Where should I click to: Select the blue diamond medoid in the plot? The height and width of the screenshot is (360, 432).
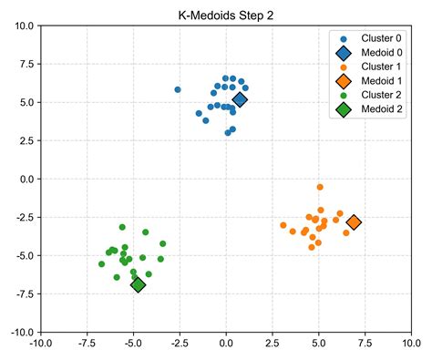[240, 100]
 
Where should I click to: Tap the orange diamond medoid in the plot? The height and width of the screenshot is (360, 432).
[354, 222]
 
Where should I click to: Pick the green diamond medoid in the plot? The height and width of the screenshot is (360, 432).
[139, 285]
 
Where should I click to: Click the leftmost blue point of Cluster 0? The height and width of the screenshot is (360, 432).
[178, 90]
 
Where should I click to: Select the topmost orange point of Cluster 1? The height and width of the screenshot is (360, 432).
[320, 187]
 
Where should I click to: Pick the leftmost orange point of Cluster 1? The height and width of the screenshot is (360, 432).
[283, 225]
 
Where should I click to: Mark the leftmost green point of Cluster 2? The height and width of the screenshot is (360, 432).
[102, 264]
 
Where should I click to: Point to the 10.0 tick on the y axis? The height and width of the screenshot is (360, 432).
[23, 26]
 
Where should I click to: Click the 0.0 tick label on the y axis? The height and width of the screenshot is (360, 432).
[26, 180]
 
